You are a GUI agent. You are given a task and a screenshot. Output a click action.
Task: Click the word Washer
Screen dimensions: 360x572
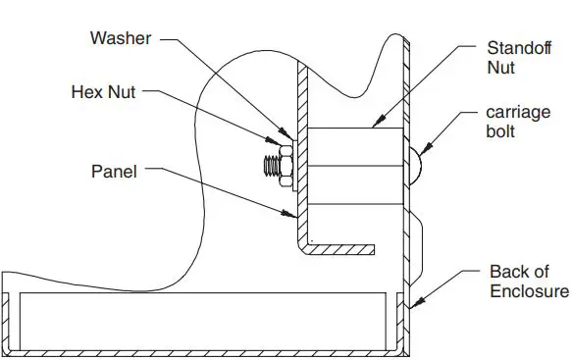point(120,39)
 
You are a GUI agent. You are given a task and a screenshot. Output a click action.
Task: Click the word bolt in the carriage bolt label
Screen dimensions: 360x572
point(501,132)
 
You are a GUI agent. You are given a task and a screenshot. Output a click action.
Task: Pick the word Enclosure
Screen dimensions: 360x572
point(528,291)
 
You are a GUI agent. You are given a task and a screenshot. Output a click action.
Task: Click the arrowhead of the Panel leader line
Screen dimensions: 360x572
point(295,214)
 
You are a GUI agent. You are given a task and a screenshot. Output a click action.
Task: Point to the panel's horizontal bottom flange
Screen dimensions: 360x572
point(343,247)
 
